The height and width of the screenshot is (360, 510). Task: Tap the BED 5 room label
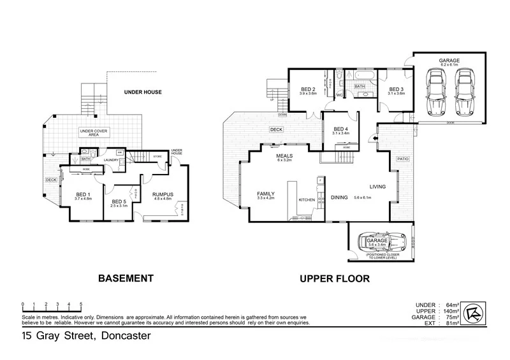[x=119, y=201]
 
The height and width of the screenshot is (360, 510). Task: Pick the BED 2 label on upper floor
[x=309, y=89]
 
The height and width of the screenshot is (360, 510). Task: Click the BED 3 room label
[x=396, y=89]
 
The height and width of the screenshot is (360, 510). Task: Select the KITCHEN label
[x=307, y=200]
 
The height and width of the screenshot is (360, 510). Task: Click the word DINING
[x=339, y=198]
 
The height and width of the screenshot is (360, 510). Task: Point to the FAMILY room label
[x=265, y=194]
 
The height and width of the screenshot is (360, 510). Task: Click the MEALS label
[x=284, y=155]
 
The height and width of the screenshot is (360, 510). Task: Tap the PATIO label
[x=403, y=159]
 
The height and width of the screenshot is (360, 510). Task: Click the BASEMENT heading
[x=126, y=278]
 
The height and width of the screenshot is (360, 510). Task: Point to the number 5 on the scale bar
[x=80, y=304]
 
